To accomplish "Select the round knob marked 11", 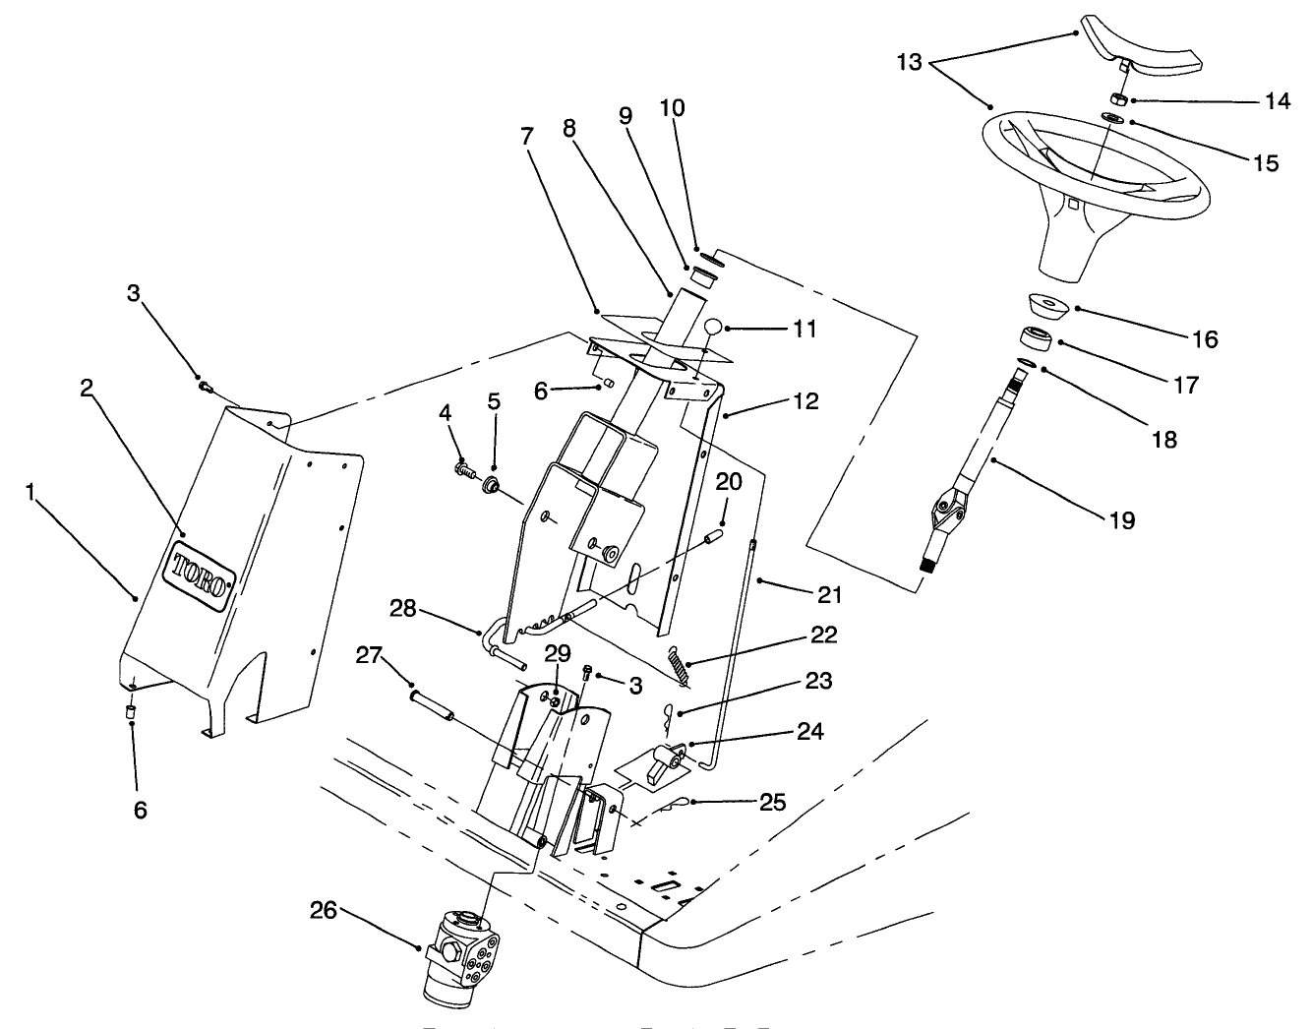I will [x=715, y=329].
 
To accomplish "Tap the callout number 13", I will [x=910, y=63].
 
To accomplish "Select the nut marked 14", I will [x=1117, y=98].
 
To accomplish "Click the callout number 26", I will [x=324, y=911].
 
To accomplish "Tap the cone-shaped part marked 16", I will [x=1048, y=307].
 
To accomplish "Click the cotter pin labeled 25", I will [x=677, y=805].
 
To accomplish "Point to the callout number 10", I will [x=672, y=108].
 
